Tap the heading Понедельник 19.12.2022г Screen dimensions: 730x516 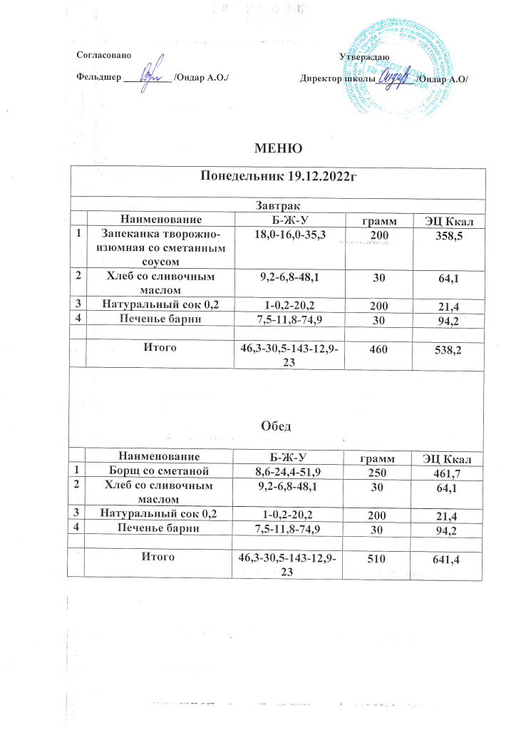(x=279, y=177)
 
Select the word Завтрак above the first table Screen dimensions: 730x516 (x=279, y=206)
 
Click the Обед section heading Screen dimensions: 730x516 (x=279, y=426)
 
